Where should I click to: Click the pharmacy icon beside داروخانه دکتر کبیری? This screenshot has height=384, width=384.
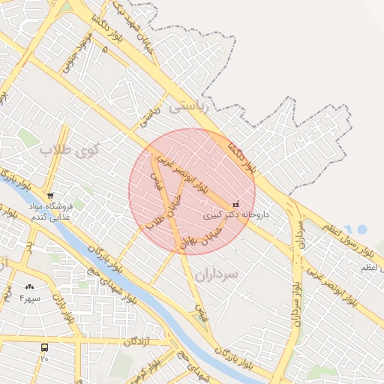[x=236, y=203]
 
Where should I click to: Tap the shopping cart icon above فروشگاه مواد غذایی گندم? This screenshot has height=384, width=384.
[x=50, y=195]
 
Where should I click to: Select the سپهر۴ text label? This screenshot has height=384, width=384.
[x=30, y=298]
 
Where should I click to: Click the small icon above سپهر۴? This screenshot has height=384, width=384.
[x=30, y=286]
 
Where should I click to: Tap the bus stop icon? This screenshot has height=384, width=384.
[x=45, y=347]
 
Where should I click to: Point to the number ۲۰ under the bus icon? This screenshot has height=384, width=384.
[x=45, y=358]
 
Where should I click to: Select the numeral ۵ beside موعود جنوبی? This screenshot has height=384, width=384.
[x=104, y=49]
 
